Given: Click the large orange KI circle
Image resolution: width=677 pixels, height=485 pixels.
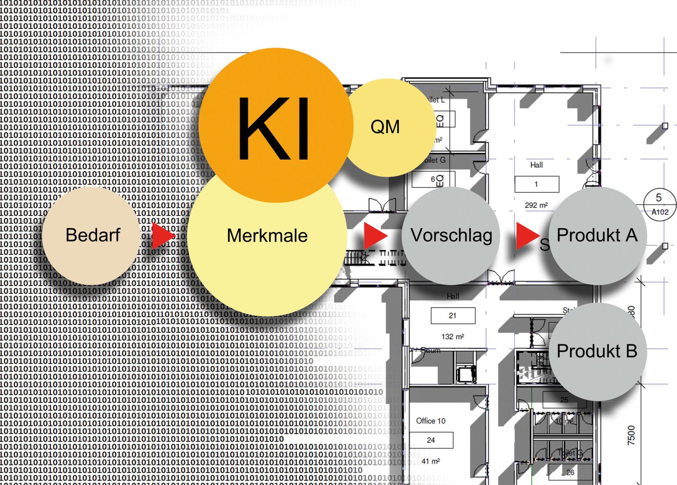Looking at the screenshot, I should click(x=276, y=126).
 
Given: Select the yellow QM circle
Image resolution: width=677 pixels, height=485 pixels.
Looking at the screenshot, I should click(x=386, y=127).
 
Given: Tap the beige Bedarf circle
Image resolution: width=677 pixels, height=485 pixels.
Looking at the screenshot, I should click(x=92, y=235).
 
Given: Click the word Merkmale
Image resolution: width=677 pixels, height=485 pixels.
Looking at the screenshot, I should click(x=267, y=236).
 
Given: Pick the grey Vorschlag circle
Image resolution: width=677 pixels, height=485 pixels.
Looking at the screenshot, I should click(x=451, y=235).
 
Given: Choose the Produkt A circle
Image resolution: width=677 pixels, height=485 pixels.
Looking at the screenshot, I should click(x=597, y=235).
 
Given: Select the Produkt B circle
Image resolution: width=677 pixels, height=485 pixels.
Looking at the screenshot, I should click(x=597, y=351).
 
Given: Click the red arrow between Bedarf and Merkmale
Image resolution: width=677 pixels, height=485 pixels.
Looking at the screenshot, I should click(x=162, y=235).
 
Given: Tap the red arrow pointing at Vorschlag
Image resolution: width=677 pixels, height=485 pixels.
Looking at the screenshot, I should click(x=375, y=235).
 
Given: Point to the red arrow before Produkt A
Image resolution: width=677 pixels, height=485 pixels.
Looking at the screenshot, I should click(x=527, y=235).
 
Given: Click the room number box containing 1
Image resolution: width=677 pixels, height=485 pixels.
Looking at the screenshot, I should click(x=536, y=184).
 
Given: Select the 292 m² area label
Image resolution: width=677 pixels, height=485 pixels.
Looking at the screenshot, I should click(x=536, y=205).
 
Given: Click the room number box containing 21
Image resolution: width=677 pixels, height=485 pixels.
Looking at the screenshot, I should click(x=452, y=315).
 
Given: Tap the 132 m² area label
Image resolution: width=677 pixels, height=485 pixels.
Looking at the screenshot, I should click(x=452, y=336).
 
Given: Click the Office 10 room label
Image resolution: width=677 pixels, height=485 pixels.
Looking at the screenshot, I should click(x=431, y=421).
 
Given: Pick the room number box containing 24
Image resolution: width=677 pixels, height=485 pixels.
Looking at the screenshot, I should click(x=431, y=440).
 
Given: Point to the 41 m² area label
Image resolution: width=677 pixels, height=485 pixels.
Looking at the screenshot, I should click(x=431, y=461).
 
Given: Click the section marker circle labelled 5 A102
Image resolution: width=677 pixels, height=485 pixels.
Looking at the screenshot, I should click(x=659, y=204).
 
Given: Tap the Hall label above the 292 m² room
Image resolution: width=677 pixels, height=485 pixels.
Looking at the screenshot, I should click(x=536, y=165).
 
